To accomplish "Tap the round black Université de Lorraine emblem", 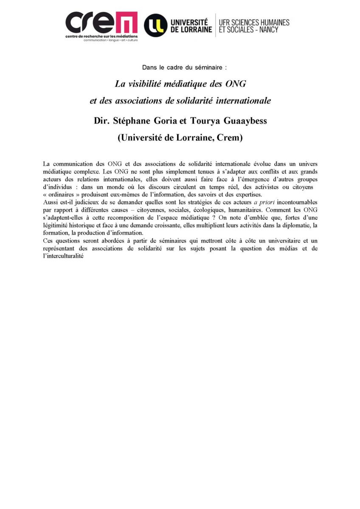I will click(155, 25).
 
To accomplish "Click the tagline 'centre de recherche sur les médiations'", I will click(101, 36).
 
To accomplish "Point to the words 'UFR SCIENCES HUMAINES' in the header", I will click(254, 22).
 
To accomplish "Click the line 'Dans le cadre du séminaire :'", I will click(180, 67).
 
